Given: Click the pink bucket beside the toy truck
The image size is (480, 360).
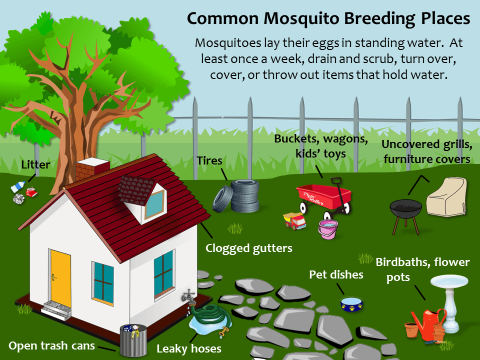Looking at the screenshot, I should (328, 229).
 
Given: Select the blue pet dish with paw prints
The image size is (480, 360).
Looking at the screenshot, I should (351, 303).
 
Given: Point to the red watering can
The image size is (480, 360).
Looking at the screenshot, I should (427, 322).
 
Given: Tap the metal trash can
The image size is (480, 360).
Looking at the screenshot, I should (132, 339).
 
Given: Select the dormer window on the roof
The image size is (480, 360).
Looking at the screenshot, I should (148, 200).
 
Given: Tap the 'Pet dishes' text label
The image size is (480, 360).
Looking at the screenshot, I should (335, 274).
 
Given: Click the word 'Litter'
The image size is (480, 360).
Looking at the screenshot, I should (35, 164).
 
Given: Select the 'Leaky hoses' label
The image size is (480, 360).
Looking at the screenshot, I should (188, 348).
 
